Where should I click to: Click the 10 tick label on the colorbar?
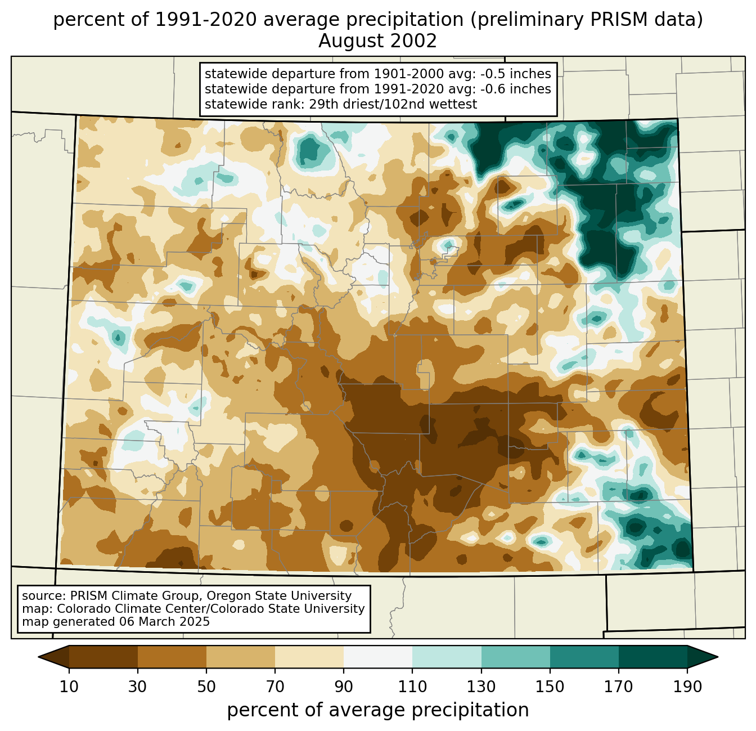pos(69,687)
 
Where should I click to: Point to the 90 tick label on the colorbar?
pos(344,687)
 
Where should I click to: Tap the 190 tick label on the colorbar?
pos(687,687)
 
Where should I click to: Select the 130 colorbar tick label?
pos(481,687)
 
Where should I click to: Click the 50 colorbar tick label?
pos(206,687)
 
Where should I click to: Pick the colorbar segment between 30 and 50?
pos(172,657)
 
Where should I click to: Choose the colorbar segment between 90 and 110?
pos(378,657)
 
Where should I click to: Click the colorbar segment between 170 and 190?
pos(653,657)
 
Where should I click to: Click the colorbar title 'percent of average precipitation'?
pos(378,710)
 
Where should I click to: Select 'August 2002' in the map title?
pos(378,41)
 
